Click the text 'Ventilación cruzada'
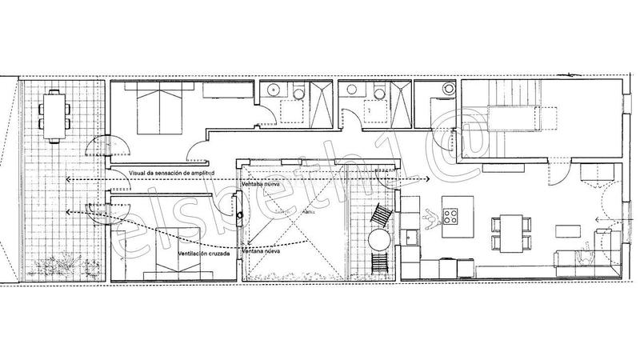point(206,253)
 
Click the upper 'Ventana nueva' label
point(260,184)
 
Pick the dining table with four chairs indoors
point(509,228)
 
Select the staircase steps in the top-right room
point(485,120)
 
